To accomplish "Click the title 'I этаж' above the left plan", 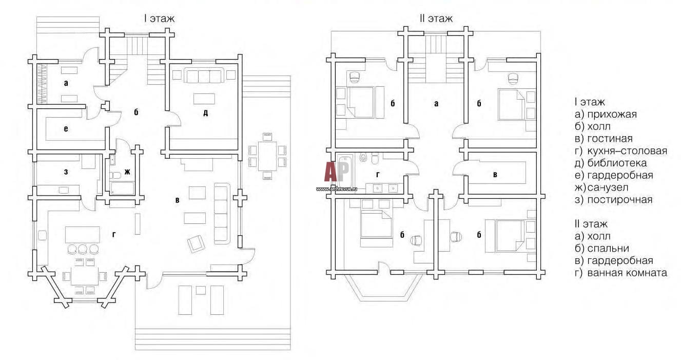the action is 159,18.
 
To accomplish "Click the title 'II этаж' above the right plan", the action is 436,18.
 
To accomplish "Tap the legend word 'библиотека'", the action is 617,163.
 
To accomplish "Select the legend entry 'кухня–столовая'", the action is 627,150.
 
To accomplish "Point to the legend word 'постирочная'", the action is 619,200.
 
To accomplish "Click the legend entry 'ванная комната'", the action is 627,273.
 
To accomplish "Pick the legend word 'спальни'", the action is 608,249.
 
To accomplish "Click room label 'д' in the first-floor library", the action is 206,113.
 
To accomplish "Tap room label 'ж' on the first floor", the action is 127,172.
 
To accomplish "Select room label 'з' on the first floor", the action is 66,172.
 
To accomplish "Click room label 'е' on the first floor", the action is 66,129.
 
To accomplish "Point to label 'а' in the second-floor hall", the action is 436,103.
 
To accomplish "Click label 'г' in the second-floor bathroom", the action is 378,175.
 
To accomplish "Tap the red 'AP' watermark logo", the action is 336,172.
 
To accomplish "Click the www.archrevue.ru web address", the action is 337,189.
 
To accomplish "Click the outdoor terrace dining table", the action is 267,156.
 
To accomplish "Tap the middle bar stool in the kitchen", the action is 83,249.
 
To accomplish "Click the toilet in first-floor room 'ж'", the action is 115,176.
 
